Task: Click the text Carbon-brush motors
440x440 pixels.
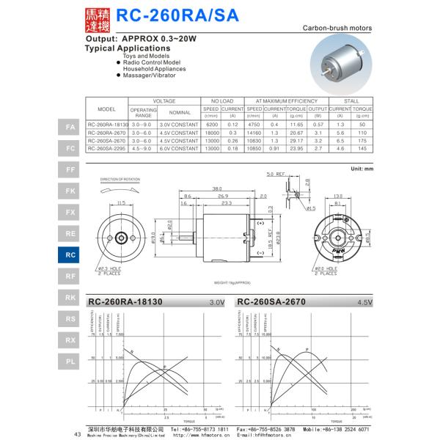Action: (x=337, y=28)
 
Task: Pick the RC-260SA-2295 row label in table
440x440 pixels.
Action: (x=107, y=149)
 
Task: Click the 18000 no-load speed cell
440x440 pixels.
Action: (x=212, y=133)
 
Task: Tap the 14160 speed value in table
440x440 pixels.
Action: (x=254, y=133)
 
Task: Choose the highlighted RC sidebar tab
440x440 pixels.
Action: (x=70, y=254)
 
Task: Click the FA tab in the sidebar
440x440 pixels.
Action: (x=70, y=127)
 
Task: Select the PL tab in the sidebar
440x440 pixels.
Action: (x=70, y=361)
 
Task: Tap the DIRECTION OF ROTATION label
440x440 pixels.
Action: (x=119, y=178)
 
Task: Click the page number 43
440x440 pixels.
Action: (x=77, y=434)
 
